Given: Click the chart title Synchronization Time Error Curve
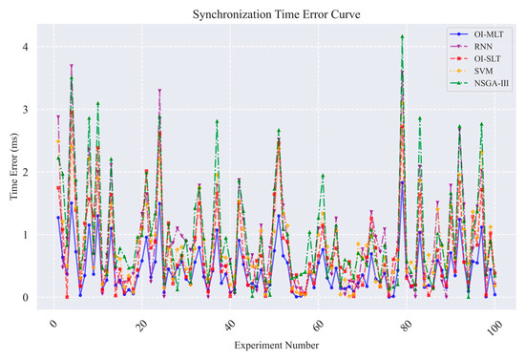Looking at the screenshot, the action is coord(276,14).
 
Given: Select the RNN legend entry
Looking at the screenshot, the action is coord(472,46).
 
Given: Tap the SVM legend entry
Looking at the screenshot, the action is coord(472,71).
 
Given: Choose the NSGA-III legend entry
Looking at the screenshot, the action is coord(479,83).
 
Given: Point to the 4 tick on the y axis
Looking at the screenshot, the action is coord(26,47).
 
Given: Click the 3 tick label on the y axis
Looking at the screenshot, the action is coord(26,110).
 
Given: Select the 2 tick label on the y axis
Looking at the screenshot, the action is coord(26,172).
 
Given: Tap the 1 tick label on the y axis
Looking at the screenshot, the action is coord(26,235).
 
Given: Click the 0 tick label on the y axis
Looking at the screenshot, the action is coord(26,297).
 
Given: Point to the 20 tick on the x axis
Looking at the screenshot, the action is coord(142,326).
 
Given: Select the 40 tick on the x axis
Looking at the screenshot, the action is coord(231,326).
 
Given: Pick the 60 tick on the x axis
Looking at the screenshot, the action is coord(319,326).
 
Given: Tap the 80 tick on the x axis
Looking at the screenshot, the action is coord(408,326).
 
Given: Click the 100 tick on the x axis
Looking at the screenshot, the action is coord(494,326).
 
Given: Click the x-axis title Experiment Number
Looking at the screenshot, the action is coord(277,346).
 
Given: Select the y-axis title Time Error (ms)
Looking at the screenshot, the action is coord(13,166).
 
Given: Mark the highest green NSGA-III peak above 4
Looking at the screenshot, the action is coord(402,36).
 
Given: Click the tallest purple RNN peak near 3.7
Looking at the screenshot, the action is coord(72,66).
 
